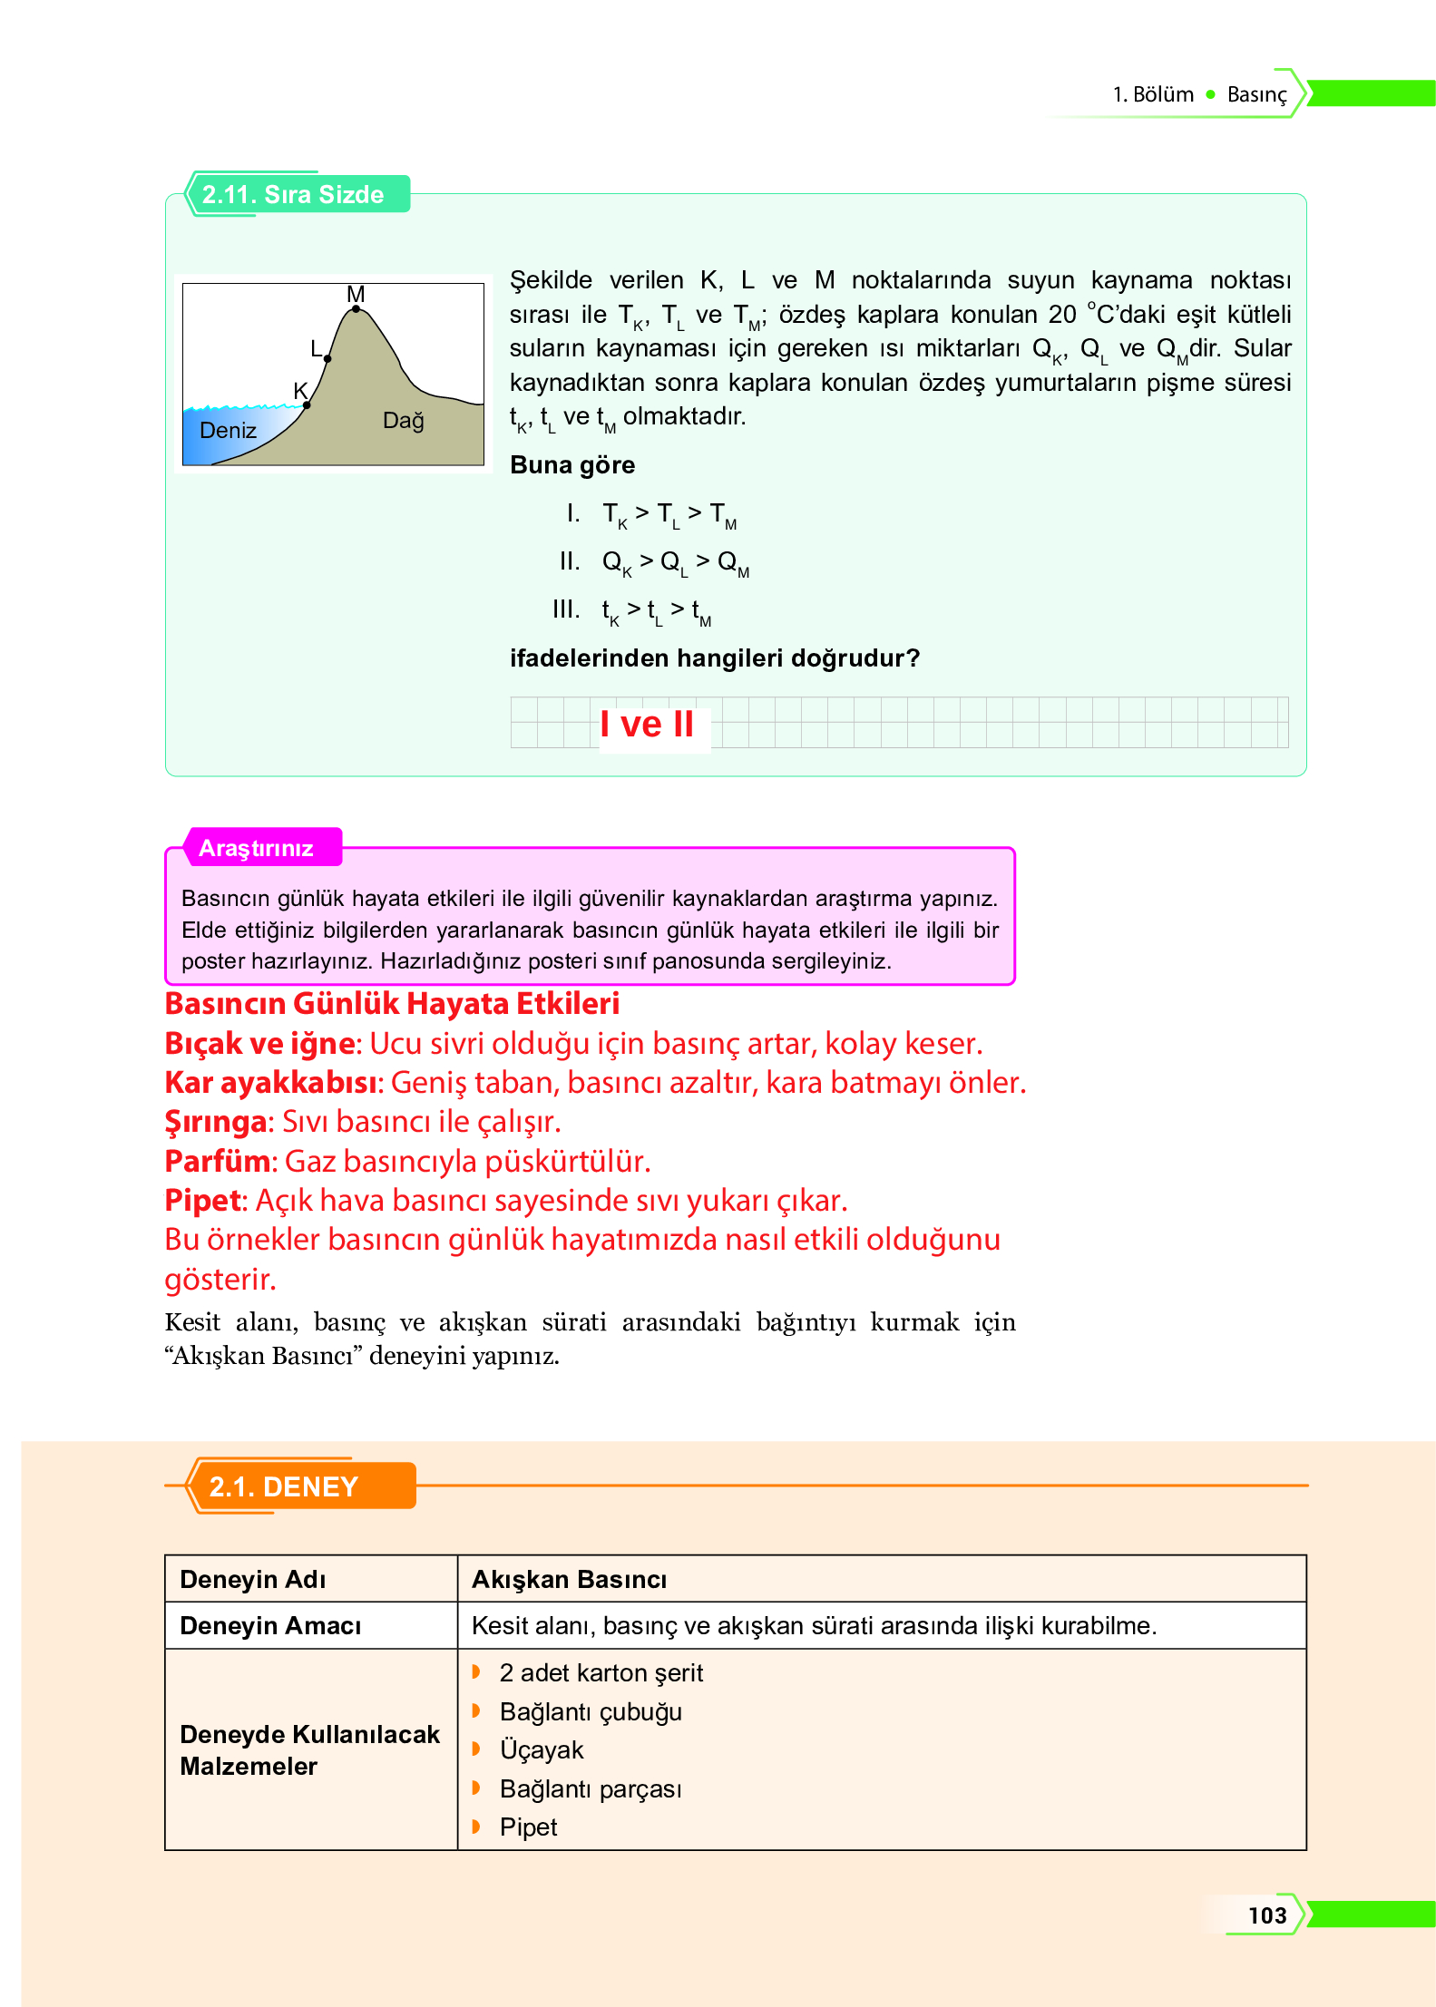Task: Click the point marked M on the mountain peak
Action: coord(356,309)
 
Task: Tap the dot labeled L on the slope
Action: coord(327,359)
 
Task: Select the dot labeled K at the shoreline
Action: coord(307,404)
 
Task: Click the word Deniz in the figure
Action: coord(228,431)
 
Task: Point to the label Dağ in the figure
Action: coord(404,421)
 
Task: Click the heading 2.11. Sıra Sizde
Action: coord(293,194)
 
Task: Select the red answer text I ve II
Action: coord(647,725)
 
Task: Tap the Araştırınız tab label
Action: coord(257,848)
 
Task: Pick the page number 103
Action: coord(1266,1915)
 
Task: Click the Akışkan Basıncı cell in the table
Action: coord(569,1580)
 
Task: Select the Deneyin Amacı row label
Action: coord(270,1626)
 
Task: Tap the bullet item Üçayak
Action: coord(542,1750)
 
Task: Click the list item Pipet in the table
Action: coord(528,1827)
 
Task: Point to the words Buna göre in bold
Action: coord(572,465)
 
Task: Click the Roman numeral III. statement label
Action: coord(566,609)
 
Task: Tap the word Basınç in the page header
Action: coord(1256,95)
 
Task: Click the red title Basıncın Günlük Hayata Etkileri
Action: coord(392,1004)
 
